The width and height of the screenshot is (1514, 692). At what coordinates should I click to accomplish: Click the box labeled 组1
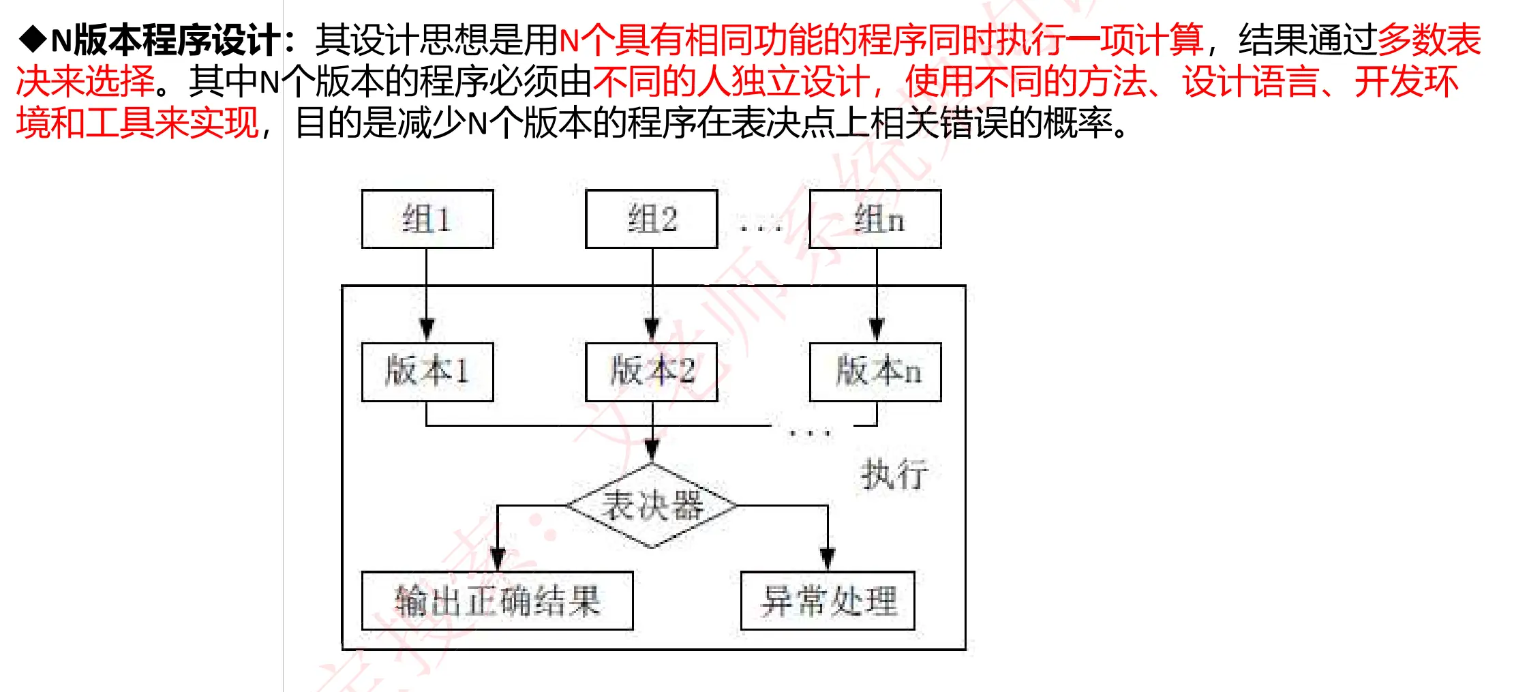(x=427, y=219)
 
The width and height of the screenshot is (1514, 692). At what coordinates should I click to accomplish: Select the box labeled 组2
(x=651, y=219)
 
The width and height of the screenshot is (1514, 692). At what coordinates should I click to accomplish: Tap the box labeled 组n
(x=875, y=219)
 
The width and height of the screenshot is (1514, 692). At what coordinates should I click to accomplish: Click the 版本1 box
(x=427, y=372)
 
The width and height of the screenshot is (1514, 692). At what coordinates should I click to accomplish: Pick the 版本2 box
(x=651, y=372)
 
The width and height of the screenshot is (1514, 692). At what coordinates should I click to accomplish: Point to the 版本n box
(x=875, y=372)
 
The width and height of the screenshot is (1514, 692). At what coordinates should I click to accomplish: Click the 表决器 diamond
(x=652, y=506)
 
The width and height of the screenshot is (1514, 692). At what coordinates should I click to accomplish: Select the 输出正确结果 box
(x=497, y=601)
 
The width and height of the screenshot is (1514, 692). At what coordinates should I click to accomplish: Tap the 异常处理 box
(x=828, y=601)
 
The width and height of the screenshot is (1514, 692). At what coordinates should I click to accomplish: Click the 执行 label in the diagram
(x=894, y=474)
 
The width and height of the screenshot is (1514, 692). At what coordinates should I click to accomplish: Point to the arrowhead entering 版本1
(x=427, y=330)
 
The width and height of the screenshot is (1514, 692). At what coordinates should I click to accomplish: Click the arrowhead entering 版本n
(x=877, y=330)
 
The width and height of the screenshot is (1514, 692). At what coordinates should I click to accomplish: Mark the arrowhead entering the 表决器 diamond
(x=652, y=451)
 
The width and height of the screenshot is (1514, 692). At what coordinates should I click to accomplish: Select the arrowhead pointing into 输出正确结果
(x=498, y=559)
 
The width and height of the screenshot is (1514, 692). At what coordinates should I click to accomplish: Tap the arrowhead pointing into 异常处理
(x=828, y=559)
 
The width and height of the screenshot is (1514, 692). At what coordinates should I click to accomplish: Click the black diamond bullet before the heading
(x=32, y=39)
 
